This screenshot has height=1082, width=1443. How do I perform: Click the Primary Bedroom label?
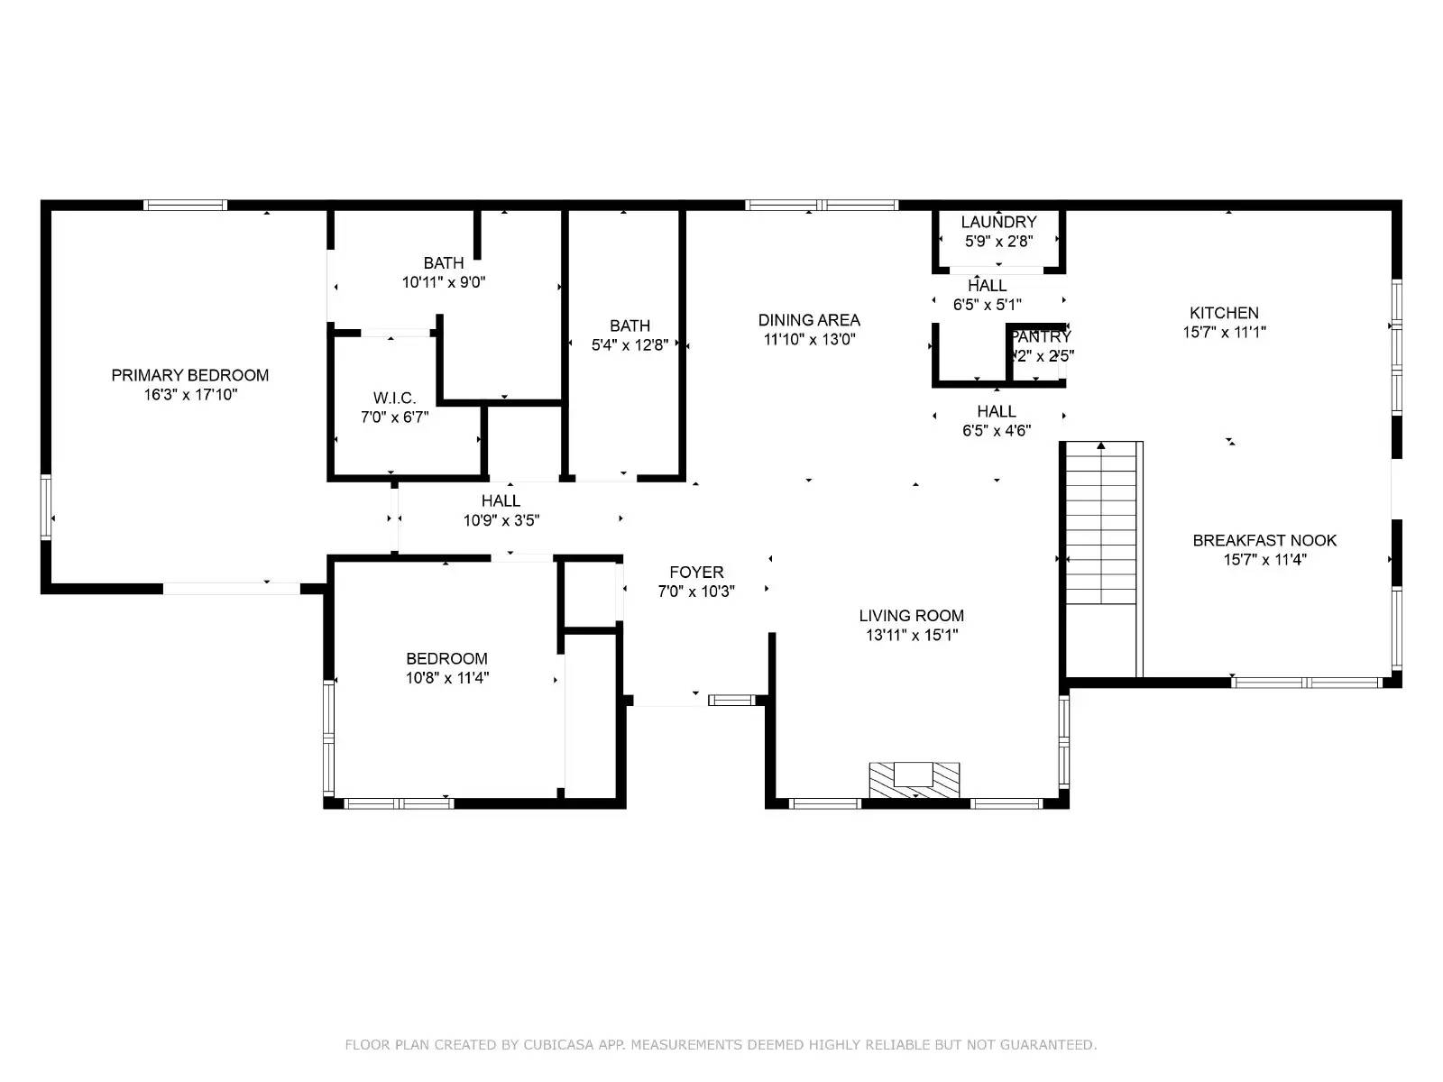189,375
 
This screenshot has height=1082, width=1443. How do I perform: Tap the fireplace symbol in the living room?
914,779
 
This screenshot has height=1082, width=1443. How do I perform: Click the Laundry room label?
998,222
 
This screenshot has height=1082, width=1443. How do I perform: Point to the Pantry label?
1041,337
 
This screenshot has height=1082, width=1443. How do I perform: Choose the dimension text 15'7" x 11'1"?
1224,332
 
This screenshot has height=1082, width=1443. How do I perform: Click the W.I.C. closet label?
394,399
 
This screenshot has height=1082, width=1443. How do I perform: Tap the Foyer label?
696,573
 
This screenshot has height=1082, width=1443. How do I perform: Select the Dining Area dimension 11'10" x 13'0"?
809,340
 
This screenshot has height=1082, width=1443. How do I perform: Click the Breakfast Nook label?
1264,540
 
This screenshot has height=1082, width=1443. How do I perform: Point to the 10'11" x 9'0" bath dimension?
444,282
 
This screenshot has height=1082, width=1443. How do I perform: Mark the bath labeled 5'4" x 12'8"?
630,326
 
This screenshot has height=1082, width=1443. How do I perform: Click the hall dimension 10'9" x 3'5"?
501,520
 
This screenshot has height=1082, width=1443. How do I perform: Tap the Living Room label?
911,616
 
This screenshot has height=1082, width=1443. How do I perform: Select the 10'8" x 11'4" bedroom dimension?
446,678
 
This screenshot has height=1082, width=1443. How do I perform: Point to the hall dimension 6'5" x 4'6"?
997,431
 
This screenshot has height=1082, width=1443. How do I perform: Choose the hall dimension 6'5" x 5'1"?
987,305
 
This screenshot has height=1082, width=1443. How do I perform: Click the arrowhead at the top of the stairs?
1101,445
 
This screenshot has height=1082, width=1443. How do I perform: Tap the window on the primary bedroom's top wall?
186,205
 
